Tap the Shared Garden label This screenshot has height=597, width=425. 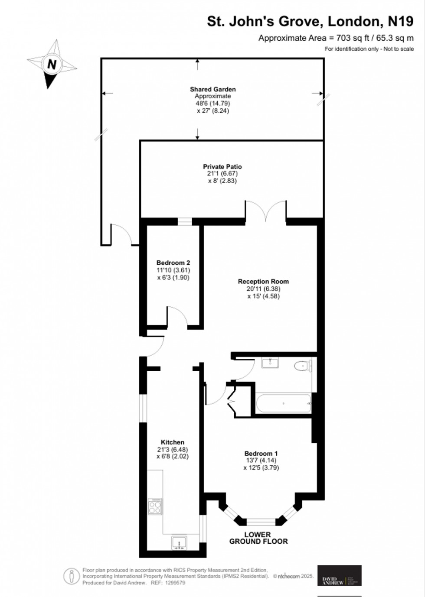pos(212,89)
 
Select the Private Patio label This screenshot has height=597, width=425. pos(222,166)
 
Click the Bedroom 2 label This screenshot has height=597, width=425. pos(173,263)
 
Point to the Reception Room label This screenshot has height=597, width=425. pos(263,281)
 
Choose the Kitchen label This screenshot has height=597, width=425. pos(173,442)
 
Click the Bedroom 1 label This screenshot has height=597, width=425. pos(261,454)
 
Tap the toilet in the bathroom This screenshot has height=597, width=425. pos(302,366)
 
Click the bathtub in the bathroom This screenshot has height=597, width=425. pos(283,403)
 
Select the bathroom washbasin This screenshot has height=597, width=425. pos(271,362)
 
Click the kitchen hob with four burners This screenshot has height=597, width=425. pos(155,506)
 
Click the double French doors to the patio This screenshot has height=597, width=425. pos(266,210)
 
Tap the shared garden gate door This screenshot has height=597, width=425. pos(121,234)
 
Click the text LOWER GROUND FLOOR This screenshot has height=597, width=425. pos(258,538)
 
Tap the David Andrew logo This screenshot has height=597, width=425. pos(339,575)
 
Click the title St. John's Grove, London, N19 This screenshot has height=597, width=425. pos(310,21)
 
